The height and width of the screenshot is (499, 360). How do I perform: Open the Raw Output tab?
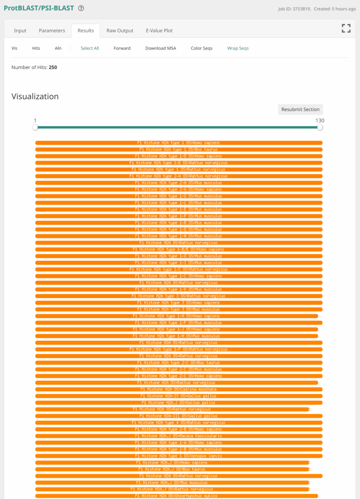click(120, 30)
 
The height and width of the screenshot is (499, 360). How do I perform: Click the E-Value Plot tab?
click(159, 30)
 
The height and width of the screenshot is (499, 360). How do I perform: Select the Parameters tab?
click(52, 30)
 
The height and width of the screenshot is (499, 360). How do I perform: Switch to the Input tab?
click(20, 30)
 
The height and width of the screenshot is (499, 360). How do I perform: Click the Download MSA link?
click(160, 48)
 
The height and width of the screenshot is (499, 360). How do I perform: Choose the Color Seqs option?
click(201, 48)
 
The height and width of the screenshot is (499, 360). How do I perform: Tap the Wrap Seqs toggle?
click(238, 48)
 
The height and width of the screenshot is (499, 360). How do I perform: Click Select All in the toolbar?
click(89, 48)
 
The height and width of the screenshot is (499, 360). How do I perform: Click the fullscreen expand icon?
click(346, 28)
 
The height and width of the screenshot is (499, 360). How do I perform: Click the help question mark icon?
click(81, 8)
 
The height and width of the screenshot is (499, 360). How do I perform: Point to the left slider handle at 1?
click(35, 128)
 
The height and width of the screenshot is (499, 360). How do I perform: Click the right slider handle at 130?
click(320, 128)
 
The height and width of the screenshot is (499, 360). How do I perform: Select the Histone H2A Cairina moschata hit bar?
click(179, 389)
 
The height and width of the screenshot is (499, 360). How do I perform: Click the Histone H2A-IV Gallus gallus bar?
click(179, 396)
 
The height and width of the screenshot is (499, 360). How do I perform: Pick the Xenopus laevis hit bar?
click(179, 456)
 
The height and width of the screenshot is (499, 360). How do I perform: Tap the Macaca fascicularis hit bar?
click(179, 436)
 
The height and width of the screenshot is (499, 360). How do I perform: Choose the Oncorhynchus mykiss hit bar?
click(176, 496)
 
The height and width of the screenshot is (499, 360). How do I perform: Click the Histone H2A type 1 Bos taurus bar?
click(179, 149)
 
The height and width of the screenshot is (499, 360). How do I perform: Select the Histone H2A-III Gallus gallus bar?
click(179, 416)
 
